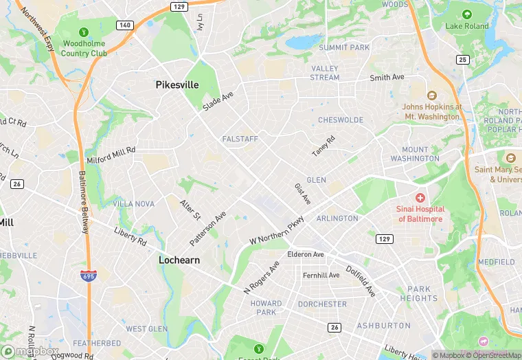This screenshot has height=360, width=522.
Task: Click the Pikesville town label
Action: pyautogui.click(x=177, y=85)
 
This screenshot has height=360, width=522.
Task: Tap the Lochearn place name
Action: pyautogui.click(x=179, y=260)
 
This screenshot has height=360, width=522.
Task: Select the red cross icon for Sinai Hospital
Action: pyautogui.click(x=420, y=197)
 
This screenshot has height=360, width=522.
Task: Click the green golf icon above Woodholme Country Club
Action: pyautogui.click(x=83, y=32)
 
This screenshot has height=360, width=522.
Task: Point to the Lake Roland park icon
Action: pyautogui.click(x=467, y=14)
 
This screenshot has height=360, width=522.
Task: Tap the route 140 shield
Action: pyautogui.click(x=124, y=25)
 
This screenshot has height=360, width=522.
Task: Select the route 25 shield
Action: pyautogui.click(x=463, y=60)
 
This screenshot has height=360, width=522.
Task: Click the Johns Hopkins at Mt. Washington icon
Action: pyautogui.click(x=431, y=95)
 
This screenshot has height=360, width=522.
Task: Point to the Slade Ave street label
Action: pyautogui.click(x=218, y=101)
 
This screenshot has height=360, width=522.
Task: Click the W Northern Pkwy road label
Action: pyautogui.click(x=276, y=229)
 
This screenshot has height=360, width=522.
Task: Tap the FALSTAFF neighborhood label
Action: pyautogui.click(x=240, y=139)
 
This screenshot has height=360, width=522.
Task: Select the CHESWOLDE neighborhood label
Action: pyautogui.click(x=340, y=120)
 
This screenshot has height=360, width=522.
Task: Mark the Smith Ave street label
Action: pyautogui.click(x=387, y=78)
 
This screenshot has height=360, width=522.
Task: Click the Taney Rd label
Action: pyautogui.click(x=323, y=145)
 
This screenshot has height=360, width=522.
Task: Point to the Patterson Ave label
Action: pyautogui.click(x=207, y=229)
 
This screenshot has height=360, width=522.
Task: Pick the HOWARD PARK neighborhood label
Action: pyautogui.click(x=266, y=308)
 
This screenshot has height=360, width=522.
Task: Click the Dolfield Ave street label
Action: pyautogui.click(x=361, y=281)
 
